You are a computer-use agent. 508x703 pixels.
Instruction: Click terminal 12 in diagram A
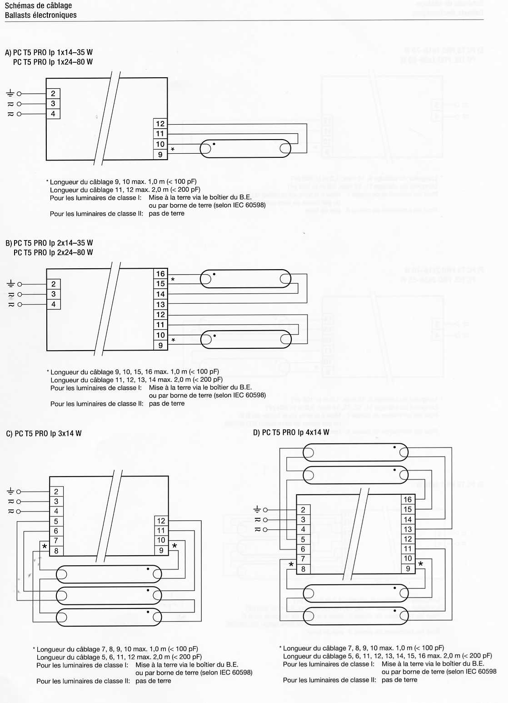click(x=160, y=124)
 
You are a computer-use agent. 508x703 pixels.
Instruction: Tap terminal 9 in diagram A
click(x=160, y=155)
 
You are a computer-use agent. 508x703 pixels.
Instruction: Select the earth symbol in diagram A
click(x=10, y=93)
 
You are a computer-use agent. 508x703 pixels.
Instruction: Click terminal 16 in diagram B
click(x=160, y=274)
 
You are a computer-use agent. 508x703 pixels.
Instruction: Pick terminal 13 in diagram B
click(x=160, y=304)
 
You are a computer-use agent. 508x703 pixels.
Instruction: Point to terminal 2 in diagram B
click(x=54, y=284)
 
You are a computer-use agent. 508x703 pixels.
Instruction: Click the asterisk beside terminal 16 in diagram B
click(x=173, y=279)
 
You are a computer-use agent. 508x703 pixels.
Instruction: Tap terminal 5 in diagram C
click(x=56, y=521)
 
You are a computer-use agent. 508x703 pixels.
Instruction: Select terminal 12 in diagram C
click(x=161, y=521)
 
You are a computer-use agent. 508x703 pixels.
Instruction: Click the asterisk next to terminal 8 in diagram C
click(x=45, y=547)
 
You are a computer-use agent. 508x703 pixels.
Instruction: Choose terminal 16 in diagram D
click(x=408, y=499)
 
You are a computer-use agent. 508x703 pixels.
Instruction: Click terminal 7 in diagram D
click(x=303, y=559)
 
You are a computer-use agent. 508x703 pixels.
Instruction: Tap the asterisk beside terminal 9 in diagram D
click(x=420, y=564)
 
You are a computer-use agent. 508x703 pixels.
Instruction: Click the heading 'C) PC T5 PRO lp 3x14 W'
click(x=44, y=433)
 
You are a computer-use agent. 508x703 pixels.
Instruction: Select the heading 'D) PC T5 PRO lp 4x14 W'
click(x=291, y=432)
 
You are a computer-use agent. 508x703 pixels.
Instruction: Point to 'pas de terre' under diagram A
click(x=166, y=213)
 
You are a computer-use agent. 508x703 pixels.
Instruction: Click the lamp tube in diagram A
click(x=245, y=148)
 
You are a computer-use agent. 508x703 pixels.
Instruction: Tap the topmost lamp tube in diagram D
click(x=356, y=452)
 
